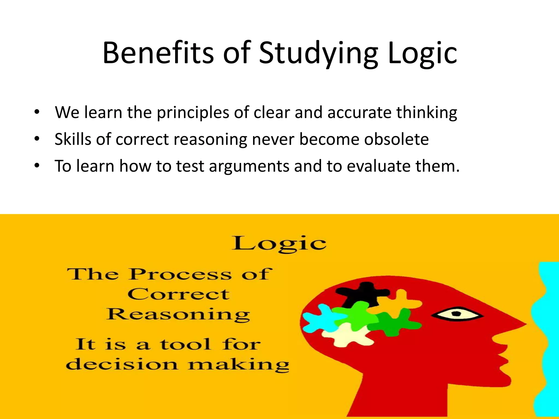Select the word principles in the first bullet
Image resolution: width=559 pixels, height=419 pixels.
193,113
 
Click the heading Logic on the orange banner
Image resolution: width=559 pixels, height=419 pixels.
279,244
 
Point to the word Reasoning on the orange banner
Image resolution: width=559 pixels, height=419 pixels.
178,315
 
